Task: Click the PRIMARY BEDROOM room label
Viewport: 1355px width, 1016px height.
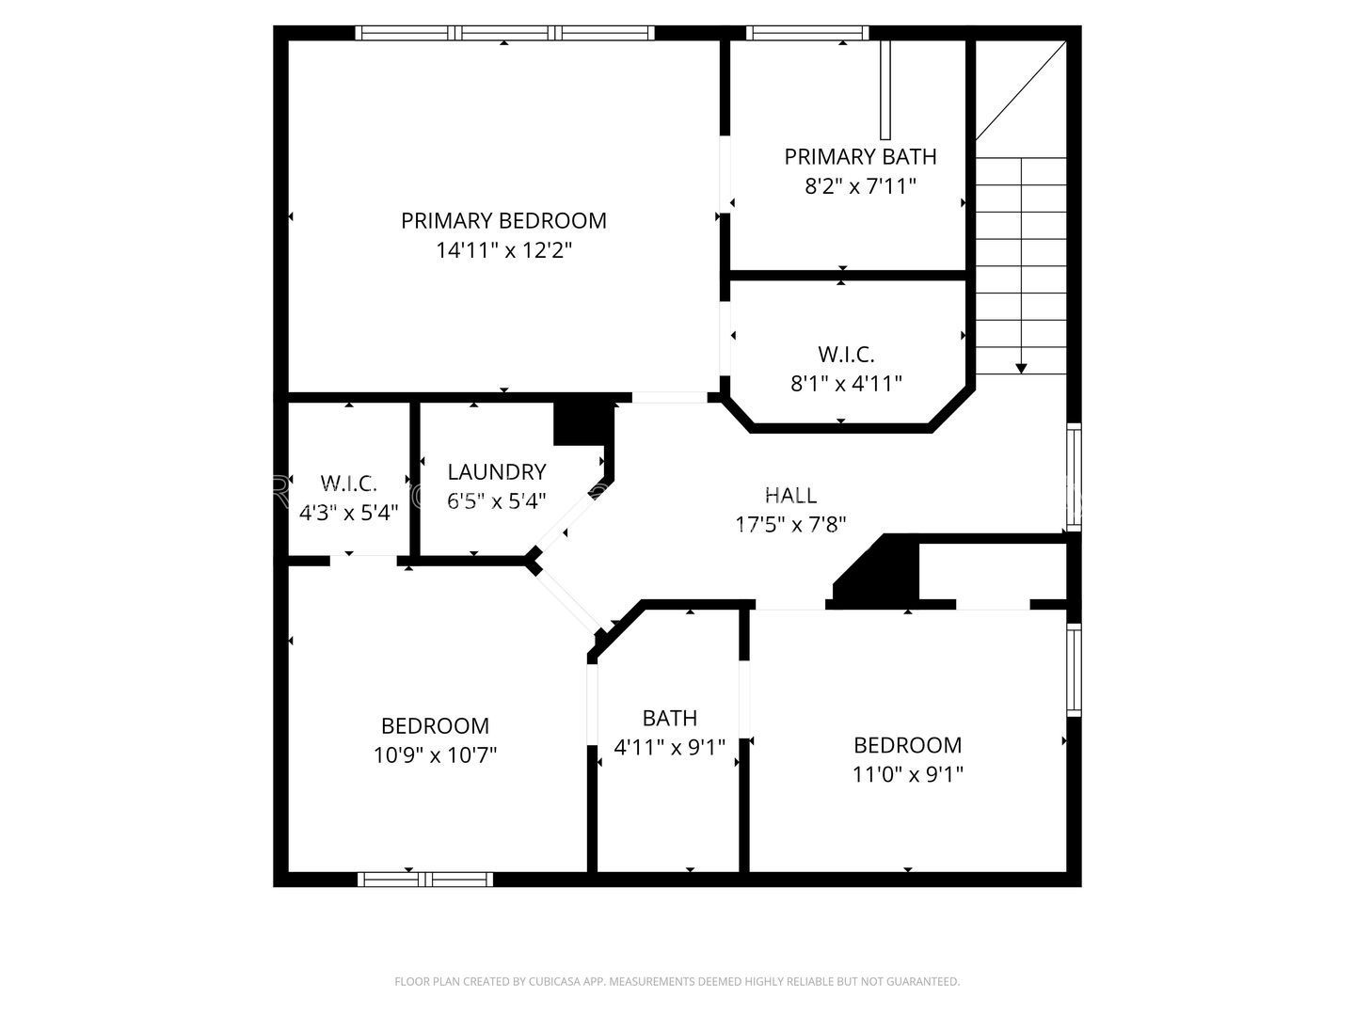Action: pyautogui.click(x=503, y=221)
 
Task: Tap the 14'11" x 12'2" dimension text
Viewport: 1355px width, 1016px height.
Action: pyautogui.click(x=503, y=250)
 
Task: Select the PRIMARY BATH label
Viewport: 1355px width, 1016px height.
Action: pyautogui.click(x=860, y=157)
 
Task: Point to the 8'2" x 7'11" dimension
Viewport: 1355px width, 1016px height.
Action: pyautogui.click(x=860, y=185)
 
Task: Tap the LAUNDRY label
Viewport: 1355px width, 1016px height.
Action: pyautogui.click(x=496, y=472)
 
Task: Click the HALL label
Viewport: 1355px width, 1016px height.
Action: pyautogui.click(x=790, y=495)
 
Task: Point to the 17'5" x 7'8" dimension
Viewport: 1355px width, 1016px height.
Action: pyautogui.click(x=790, y=524)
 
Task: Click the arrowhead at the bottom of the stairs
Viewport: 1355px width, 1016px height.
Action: pyautogui.click(x=1021, y=368)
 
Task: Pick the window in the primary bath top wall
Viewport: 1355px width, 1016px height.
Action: pyautogui.click(x=807, y=33)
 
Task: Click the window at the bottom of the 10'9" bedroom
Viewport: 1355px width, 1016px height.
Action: pyautogui.click(x=425, y=879)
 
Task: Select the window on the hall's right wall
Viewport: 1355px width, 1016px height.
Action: pyautogui.click(x=1075, y=477)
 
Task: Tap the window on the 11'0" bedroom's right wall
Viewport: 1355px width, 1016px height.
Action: pyautogui.click(x=1075, y=670)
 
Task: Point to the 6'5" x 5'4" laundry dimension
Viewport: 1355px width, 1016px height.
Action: pyautogui.click(x=496, y=500)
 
